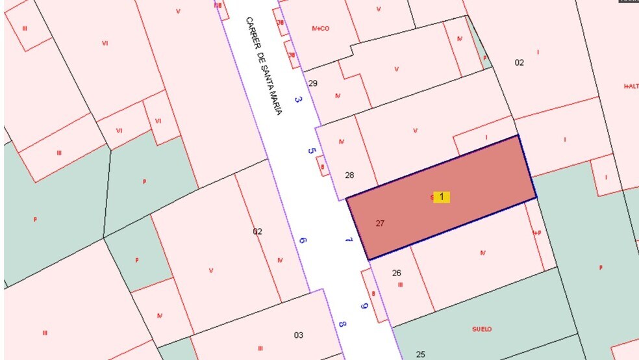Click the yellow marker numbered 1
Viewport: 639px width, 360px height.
click(x=442, y=197)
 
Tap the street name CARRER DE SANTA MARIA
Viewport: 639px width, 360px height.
click(x=264, y=66)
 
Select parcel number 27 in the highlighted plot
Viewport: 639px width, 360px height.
click(x=380, y=224)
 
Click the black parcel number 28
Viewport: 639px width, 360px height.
click(x=349, y=175)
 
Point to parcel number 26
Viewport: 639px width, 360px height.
click(x=397, y=273)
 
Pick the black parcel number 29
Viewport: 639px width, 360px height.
click(x=313, y=84)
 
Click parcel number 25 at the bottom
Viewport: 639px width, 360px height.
click(x=420, y=354)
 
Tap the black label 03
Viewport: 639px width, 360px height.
click(x=298, y=335)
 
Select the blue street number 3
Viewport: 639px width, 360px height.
click(x=298, y=99)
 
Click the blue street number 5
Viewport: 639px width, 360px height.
click(x=311, y=151)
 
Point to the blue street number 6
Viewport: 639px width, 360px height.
click(x=303, y=240)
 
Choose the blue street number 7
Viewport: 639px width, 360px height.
click(x=349, y=240)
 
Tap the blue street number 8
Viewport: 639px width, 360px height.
click(x=342, y=324)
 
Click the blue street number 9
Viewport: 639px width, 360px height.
click(x=364, y=306)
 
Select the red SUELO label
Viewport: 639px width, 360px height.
click(x=482, y=329)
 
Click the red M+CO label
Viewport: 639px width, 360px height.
click(x=321, y=29)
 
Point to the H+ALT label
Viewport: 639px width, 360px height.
click(x=631, y=86)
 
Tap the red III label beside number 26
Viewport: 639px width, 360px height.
click(x=400, y=284)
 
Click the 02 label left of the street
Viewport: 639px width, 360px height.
click(x=257, y=231)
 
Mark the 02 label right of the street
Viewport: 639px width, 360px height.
click(x=519, y=63)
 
